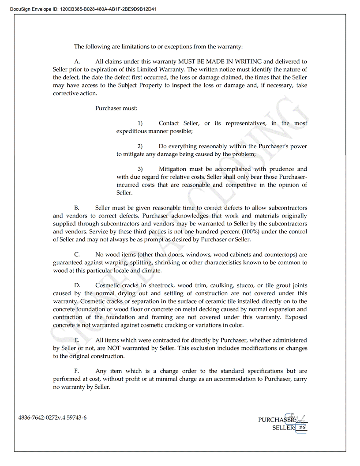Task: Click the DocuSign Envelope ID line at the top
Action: (x=83, y=9)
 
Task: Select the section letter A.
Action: (x=77, y=61)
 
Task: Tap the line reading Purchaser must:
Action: (x=116, y=108)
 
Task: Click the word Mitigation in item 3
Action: (x=172, y=169)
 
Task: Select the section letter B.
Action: (x=77, y=207)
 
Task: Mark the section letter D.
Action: (x=77, y=286)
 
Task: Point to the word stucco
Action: (x=240, y=286)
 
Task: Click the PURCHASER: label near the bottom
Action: (x=277, y=420)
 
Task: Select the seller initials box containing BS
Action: (x=301, y=427)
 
